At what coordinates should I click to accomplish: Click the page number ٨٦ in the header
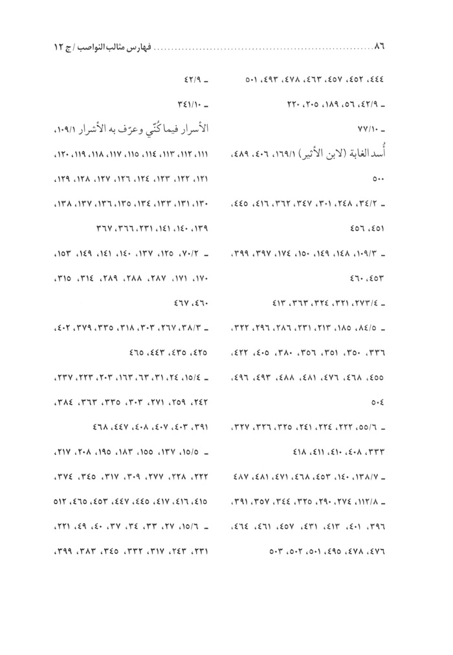(x=380, y=47)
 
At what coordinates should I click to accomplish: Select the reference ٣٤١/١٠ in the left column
(x=197, y=105)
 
